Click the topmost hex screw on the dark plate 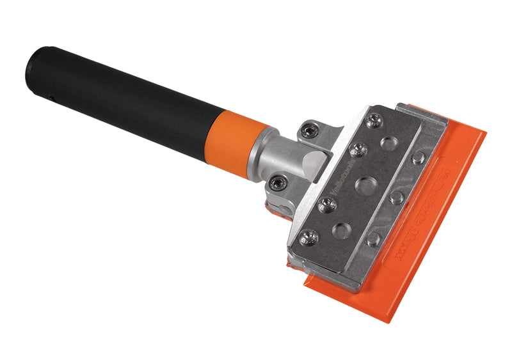[x=374, y=120]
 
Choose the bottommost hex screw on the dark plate [x=308, y=237]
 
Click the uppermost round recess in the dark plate [x=389, y=143]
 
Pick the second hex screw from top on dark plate [x=358, y=150]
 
